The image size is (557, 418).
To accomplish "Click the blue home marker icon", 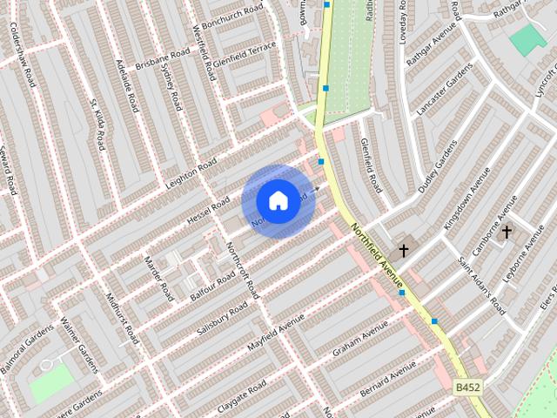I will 278,200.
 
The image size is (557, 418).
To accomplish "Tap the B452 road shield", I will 467,386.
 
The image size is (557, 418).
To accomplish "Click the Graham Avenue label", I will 359,340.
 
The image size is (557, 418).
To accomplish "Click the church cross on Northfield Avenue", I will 403,251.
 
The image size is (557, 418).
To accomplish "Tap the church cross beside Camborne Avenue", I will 507,232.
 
